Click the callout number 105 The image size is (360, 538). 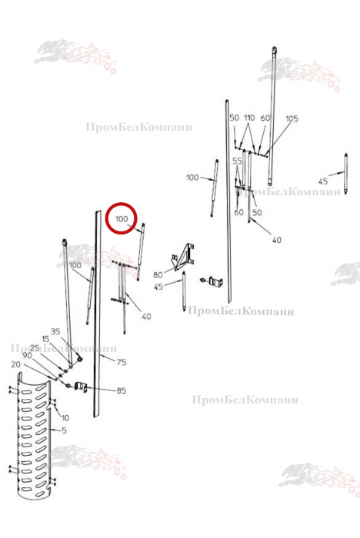coord(292,118)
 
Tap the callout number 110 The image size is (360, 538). coord(249,118)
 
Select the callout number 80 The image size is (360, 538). coord(158,275)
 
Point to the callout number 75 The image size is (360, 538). coord(122,362)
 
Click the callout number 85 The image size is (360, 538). coord(122,390)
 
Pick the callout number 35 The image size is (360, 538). coord(55,331)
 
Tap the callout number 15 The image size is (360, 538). coord(45,340)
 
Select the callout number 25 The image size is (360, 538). coord(35,348)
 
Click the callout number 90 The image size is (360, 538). coord(27,355)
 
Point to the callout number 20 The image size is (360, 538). coord(16,364)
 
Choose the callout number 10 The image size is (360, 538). coord(65,418)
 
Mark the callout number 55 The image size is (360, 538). coord(238,161)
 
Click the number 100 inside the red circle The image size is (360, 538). coord(122,218)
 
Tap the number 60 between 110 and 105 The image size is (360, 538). coord(265,118)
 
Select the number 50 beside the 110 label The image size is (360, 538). coord(235,118)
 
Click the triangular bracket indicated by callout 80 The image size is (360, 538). coord(184,257)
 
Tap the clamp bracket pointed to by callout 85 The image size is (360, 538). coord(82,386)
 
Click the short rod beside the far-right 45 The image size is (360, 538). coord(346,174)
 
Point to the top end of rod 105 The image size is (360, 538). coord(274,48)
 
